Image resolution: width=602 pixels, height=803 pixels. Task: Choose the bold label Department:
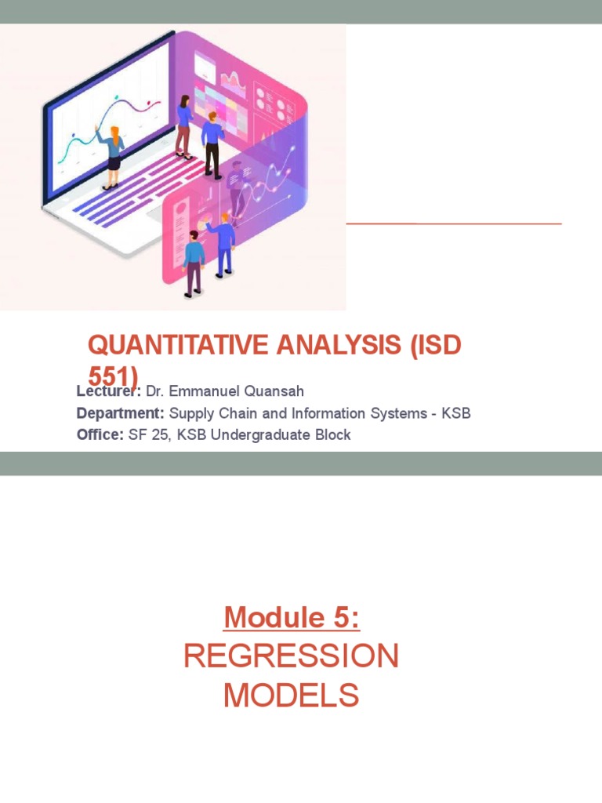tap(121, 413)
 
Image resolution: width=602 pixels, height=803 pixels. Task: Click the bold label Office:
tap(100, 434)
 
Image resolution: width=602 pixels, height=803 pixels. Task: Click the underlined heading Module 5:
tap(292, 618)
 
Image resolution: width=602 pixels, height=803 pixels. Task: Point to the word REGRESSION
tap(292, 656)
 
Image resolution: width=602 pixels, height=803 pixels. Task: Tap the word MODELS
tap(292, 695)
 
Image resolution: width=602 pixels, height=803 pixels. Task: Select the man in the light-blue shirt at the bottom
tap(193, 263)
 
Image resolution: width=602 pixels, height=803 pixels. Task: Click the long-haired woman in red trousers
tap(184, 125)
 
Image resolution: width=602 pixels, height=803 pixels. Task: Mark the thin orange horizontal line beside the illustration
tap(454, 223)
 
